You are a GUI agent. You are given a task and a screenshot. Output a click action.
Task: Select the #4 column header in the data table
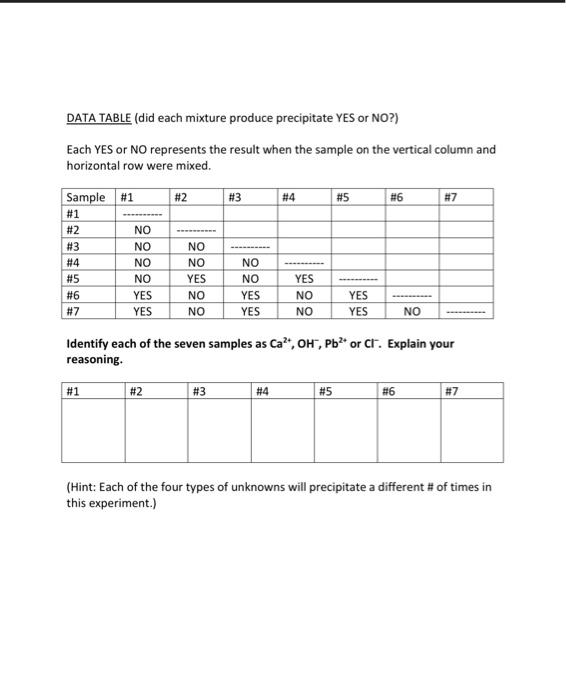[290, 197]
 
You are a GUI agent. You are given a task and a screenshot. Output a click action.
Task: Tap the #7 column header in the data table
[452, 197]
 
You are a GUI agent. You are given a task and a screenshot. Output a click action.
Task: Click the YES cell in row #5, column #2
[197, 279]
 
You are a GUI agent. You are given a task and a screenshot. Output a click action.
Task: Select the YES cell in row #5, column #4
[305, 279]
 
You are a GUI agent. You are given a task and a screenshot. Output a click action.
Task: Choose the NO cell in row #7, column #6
[412, 311]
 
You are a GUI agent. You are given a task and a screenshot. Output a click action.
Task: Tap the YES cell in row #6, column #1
[143, 295]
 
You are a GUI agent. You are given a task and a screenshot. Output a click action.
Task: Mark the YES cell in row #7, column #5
[358, 311]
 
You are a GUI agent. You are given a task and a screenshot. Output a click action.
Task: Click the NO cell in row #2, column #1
[143, 229]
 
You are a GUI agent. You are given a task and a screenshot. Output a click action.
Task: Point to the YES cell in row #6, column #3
[251, 295]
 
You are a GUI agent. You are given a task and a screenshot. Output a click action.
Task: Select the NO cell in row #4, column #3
[251, 263]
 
